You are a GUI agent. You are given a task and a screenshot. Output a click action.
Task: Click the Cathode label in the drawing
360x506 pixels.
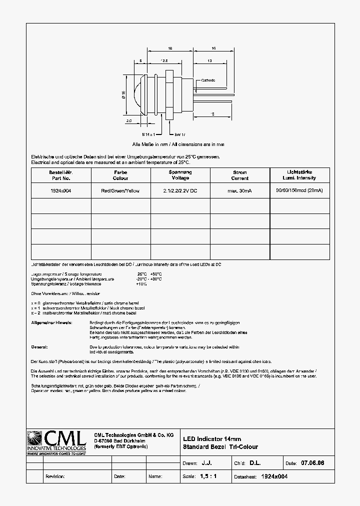coord(208,80)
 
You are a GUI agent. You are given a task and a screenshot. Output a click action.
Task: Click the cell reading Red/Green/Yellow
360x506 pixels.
coord(120,191)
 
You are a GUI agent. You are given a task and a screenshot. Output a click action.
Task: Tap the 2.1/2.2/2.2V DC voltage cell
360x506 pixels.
coord(180,191)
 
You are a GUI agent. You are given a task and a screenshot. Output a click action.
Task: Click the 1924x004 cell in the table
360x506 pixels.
coord(61,191)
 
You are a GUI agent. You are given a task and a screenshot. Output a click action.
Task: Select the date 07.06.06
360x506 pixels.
coord(312,463)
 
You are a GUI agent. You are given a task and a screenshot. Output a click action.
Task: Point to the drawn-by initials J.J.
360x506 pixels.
coord(206,463)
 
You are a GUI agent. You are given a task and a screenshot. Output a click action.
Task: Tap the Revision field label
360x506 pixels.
coord(55,476)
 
